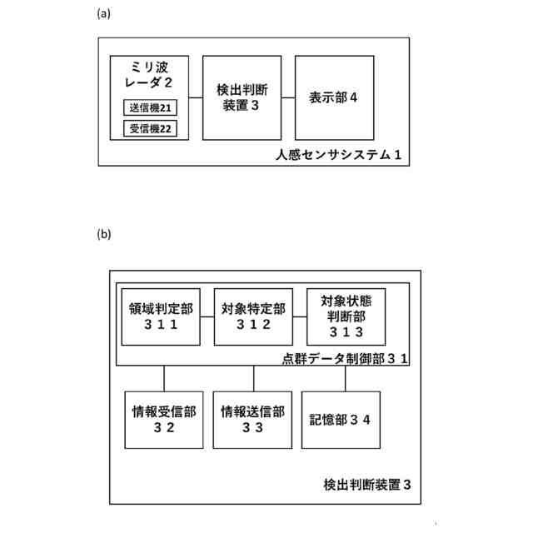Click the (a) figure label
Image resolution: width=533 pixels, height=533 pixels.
click(104, 12)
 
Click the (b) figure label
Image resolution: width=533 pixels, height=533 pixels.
click(104, 234)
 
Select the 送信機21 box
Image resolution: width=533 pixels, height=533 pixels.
click(150, 107)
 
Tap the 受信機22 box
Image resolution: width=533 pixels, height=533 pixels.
click(150, 128)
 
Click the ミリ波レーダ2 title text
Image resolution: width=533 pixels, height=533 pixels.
click(151, 74)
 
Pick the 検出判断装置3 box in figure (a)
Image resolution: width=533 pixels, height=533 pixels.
click(241, 97)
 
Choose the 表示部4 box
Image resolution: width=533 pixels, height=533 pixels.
click(333, 97)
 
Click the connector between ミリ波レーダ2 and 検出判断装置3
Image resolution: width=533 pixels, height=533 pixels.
click(196, 97)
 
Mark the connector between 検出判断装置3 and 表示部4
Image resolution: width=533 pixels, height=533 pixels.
click(288, 97)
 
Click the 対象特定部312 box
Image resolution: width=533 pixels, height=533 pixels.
click(253, 316)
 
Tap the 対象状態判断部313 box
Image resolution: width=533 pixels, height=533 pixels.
click(345, 316)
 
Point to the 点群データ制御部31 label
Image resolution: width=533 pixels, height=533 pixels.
click(343, 358)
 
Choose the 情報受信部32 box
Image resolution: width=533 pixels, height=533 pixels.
click(164, 419)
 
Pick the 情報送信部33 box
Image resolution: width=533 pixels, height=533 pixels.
click(252, 419)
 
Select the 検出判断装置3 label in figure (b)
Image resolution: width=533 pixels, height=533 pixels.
click(366, 485)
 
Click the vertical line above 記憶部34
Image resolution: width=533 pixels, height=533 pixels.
click(345, 378)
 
